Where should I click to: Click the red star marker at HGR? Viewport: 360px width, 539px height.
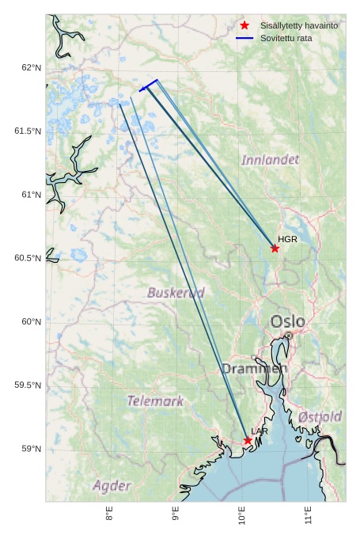275,249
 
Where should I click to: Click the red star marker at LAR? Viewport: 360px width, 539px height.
248,440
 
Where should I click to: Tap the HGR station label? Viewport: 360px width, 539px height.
287,239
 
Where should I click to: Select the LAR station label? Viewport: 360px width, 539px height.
260,431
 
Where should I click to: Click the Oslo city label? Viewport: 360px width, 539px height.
287,321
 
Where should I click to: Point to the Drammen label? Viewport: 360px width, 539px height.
254,369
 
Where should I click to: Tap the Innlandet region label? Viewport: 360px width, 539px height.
270,160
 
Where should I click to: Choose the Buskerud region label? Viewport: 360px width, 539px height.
176,293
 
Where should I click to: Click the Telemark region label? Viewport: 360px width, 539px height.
156,401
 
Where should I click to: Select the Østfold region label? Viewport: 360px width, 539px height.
320,416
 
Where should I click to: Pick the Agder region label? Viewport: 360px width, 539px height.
112,485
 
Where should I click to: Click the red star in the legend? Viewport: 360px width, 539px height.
244,26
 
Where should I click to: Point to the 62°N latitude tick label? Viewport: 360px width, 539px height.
31,67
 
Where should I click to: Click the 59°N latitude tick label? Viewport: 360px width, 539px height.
31,449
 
